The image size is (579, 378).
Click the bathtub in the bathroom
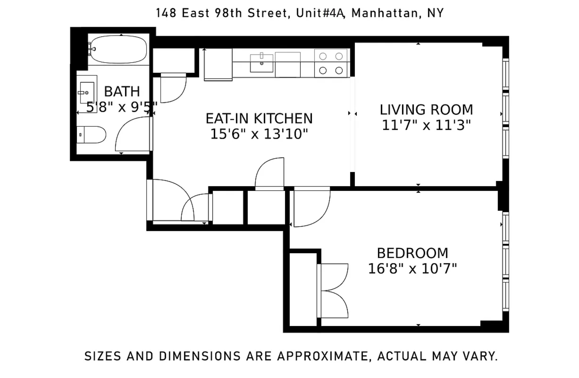tap(119, 49)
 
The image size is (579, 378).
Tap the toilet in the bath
tap(91, 135)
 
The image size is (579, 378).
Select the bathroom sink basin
tap(87, 93)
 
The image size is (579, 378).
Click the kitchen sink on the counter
tap(261, 63)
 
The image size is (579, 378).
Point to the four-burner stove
tap(331, 63)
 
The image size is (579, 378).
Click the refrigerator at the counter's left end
tap(218, 64)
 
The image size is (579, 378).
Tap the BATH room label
tap(122, 92)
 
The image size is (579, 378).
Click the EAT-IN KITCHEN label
tap(259, 119)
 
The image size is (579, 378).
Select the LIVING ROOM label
tap(426, 110)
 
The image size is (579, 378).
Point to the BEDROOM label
tap(412, 253)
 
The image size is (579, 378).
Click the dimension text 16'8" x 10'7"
tap(412, 268)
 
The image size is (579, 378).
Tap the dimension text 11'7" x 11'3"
tap(426, 125)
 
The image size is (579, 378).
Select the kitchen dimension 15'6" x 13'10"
tap(259, 134)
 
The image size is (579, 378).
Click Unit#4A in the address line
tap(320, 13)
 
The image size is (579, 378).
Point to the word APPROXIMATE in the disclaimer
tap(323, 356)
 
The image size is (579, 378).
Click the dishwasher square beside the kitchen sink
tap(287, 65)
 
